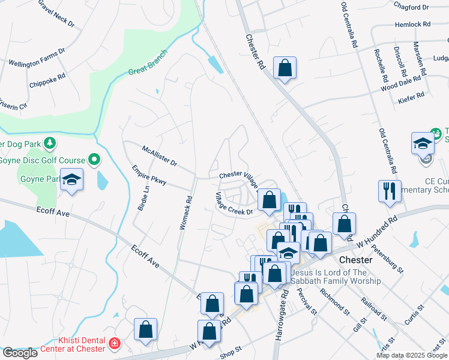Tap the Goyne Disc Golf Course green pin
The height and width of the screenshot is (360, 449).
pyautogui.click(x=94, y=160)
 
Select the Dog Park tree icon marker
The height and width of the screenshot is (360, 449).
pyautogui.click(x=50, y=143)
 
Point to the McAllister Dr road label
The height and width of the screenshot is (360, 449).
pyautogui.click(x=159, y=155)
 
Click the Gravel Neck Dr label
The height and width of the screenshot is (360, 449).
pyautogui.click(x=56, y=13)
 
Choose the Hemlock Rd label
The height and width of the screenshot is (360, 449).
pyautogui.click(x=413, y=25)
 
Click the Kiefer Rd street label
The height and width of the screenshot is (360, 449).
pyautogui.click(x=411, y=95)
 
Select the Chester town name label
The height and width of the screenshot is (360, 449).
pyautogui.click(x=357, y=260)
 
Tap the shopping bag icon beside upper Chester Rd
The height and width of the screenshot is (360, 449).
pyautogui.click(x=285, y=67)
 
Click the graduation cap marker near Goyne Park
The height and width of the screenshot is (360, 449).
pyautogui.click(x=72, y=179)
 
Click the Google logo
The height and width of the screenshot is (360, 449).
pyautogui.click(x=20, y=353)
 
